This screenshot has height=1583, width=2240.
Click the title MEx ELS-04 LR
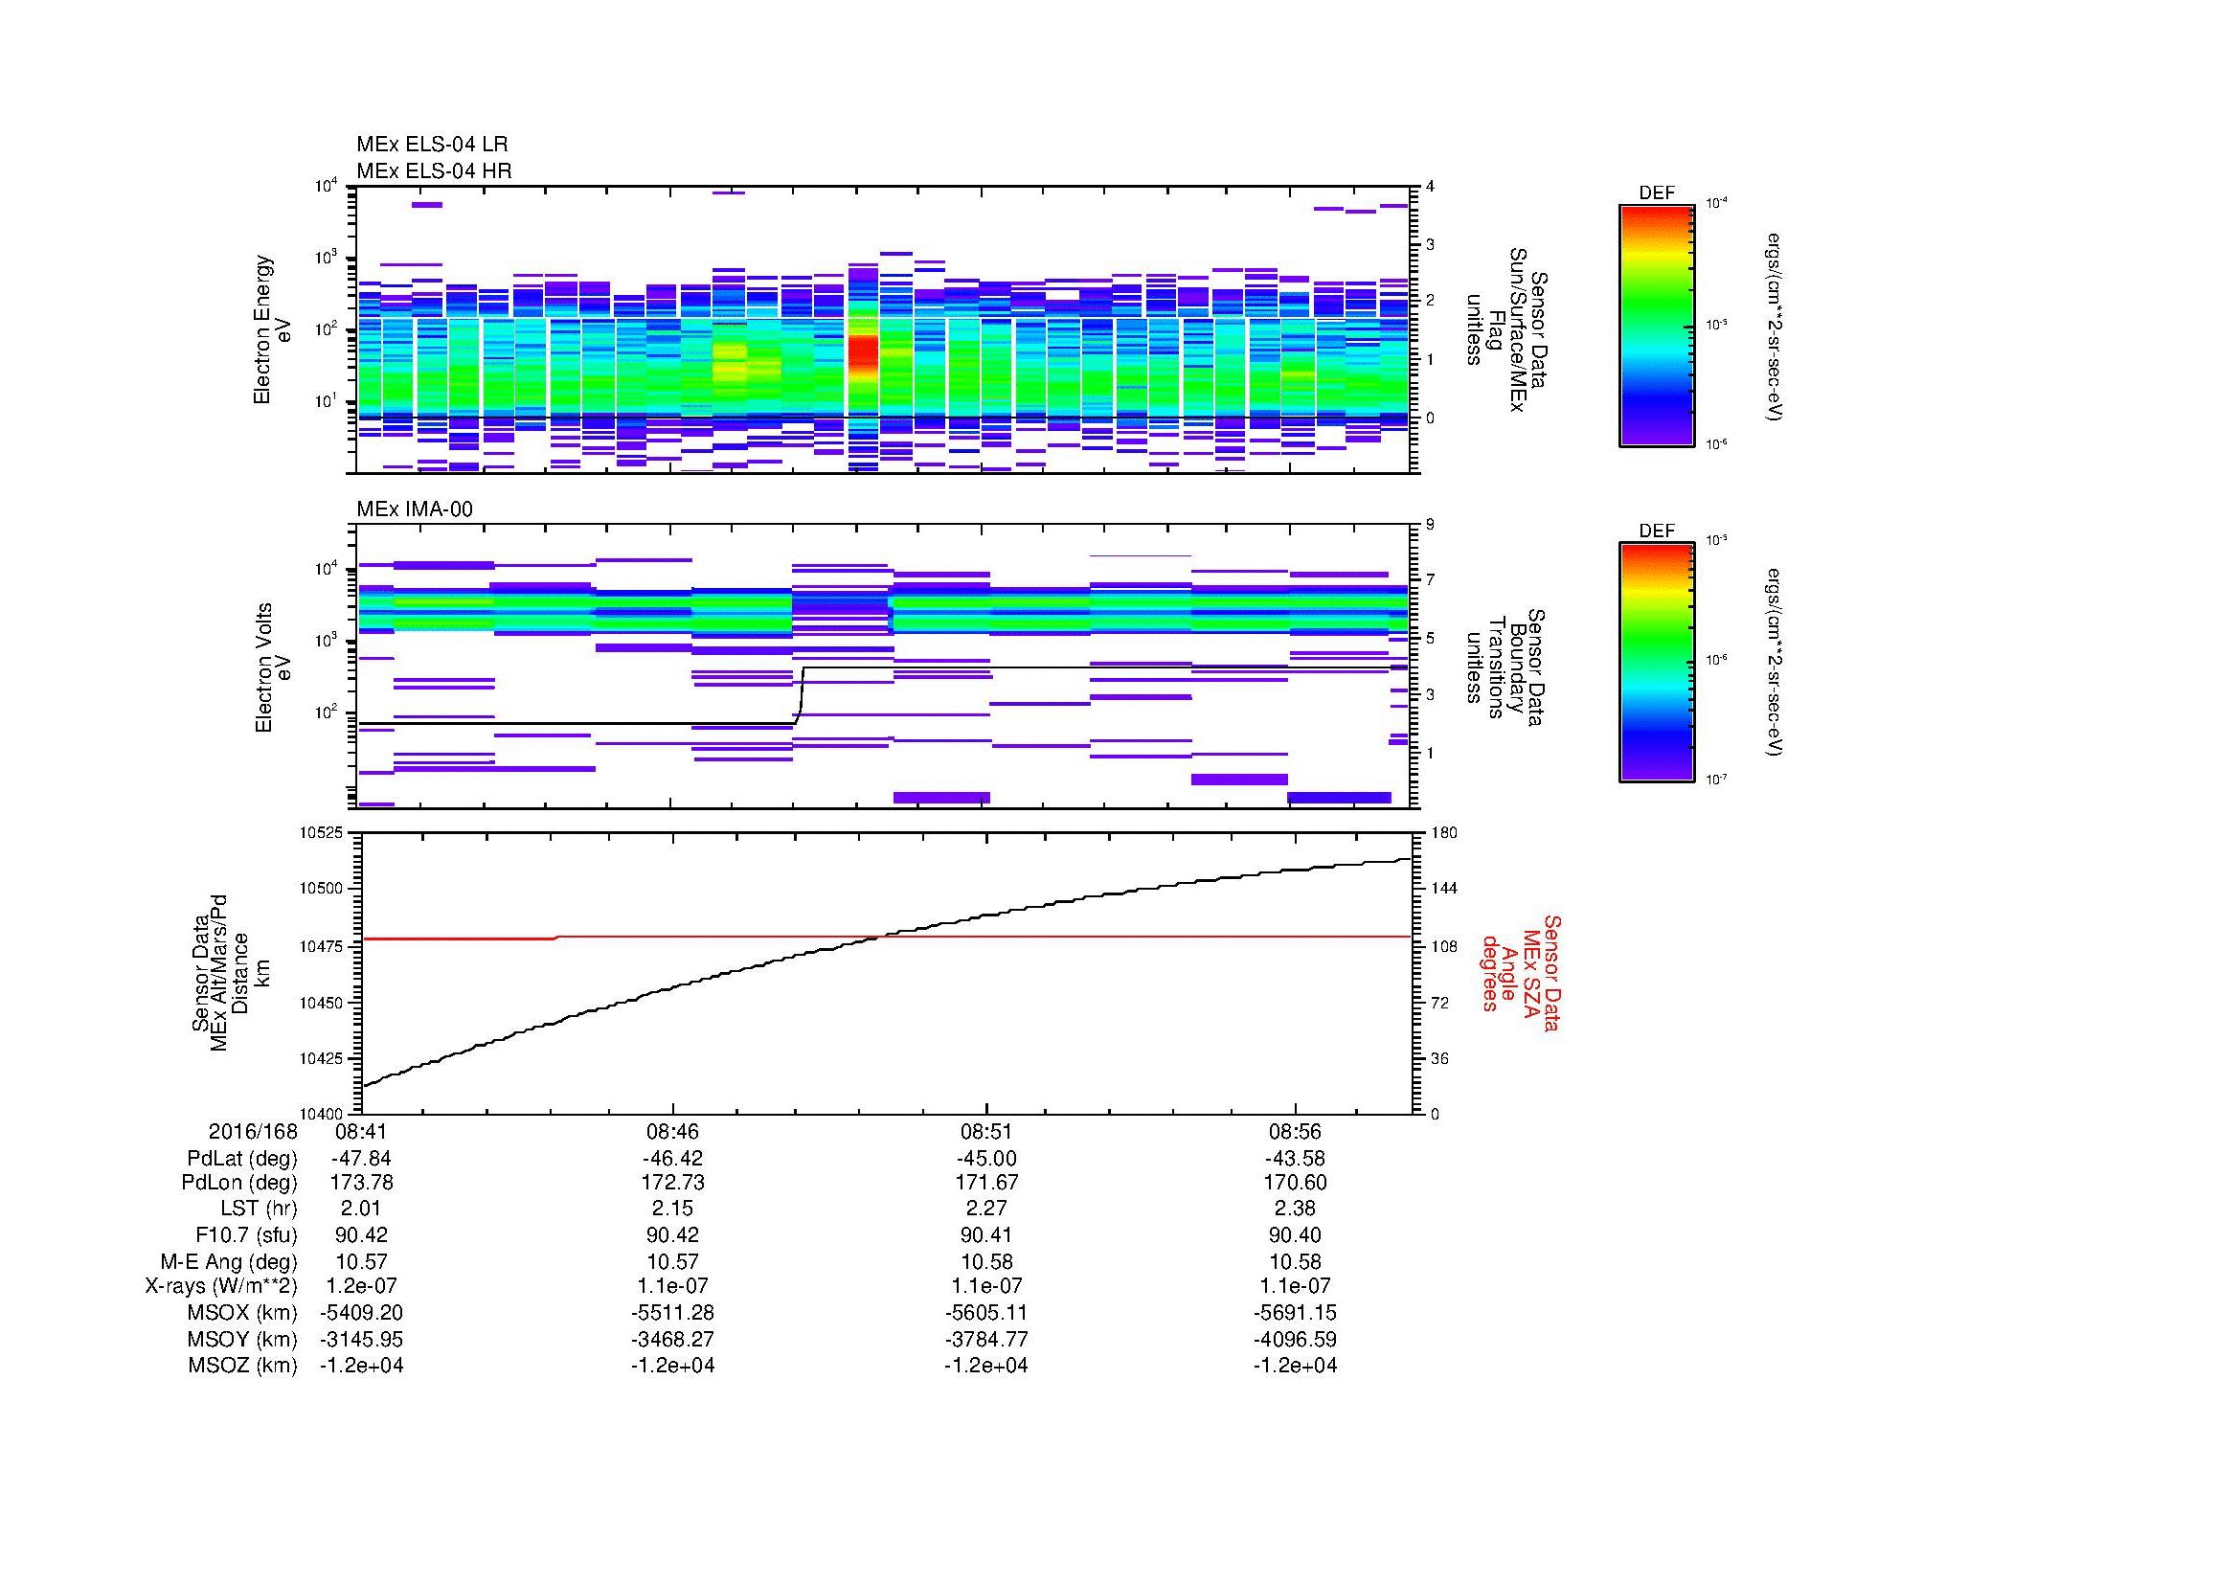(432, 145)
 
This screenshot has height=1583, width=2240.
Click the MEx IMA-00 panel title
(415, 509)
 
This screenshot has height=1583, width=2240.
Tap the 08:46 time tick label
(672, 1132)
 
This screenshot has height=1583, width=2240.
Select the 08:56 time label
(1295, 1132)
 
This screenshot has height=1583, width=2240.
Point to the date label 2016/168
(253, 1132)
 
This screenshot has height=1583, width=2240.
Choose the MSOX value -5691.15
(1295, 1313)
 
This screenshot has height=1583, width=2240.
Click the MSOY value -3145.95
(361, 1339)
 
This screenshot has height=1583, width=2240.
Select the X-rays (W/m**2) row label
(220, 1286)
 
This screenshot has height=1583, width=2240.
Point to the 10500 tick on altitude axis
(322, 889)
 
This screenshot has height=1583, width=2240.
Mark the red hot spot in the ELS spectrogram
(863, 358)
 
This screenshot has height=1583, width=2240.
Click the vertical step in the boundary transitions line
(801, 694)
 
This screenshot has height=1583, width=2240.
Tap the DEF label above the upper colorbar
(1657, 193)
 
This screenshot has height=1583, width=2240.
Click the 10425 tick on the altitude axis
(322, 1058)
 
